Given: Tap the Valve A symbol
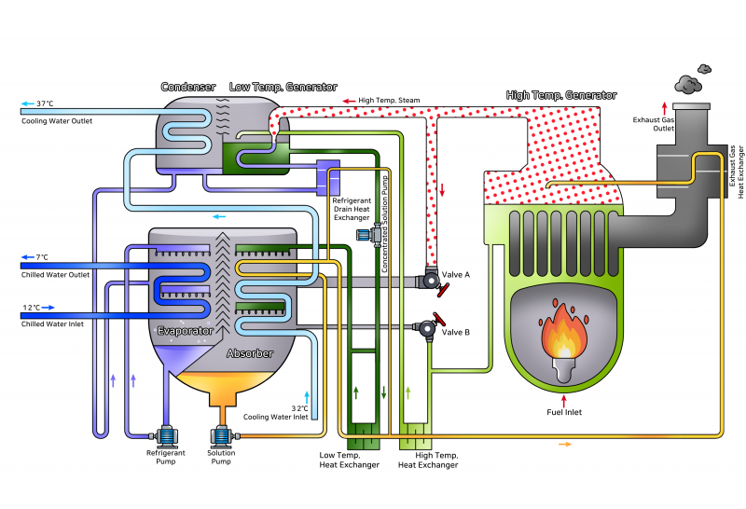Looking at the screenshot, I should pyautogui.click(x=430, y=279).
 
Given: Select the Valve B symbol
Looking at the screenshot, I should pyautogui.click(x=428, y=327).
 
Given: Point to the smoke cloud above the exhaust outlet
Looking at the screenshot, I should pyautogui.click(x=690, y=85).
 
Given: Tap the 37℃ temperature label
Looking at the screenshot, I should pyautogui.click(x=45, y=103).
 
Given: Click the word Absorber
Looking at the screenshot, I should pyautogui.click(x=251, y=354).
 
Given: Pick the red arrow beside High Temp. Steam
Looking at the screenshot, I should pyautogui.click(x=349, y=100).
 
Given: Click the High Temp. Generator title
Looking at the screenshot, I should pyautogui.click(x=560, y=95).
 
